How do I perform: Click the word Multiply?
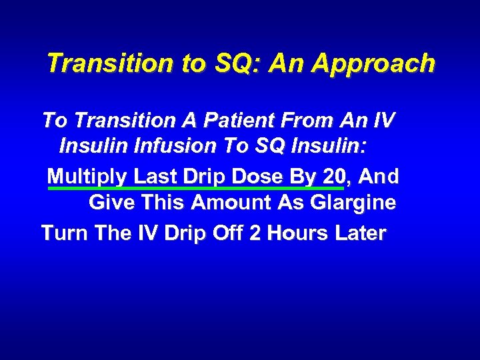[88, 177]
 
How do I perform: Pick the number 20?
[333, 176]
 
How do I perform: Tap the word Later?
[357, 233]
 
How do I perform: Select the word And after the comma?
[379, 176]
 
